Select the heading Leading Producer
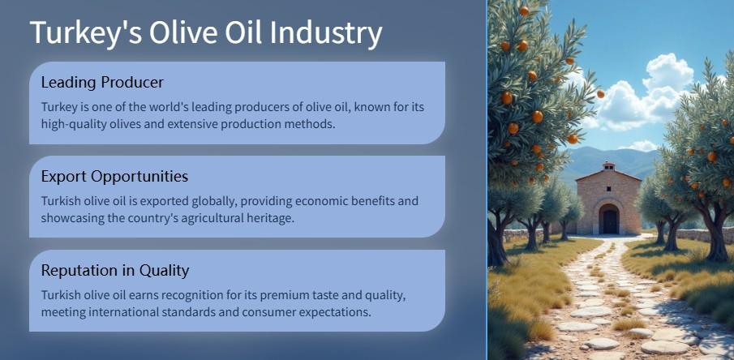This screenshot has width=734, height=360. (x=102, y=83)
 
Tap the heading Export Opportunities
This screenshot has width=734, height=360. (x=114, y=177)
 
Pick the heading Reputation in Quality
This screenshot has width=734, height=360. (x=115, y=270)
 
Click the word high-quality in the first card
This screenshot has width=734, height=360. (x=69, y=125)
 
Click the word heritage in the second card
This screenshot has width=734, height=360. (x=273, y=218)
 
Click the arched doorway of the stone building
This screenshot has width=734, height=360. (x=608, y=219)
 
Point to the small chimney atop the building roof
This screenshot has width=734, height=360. (x=608, y=166)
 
